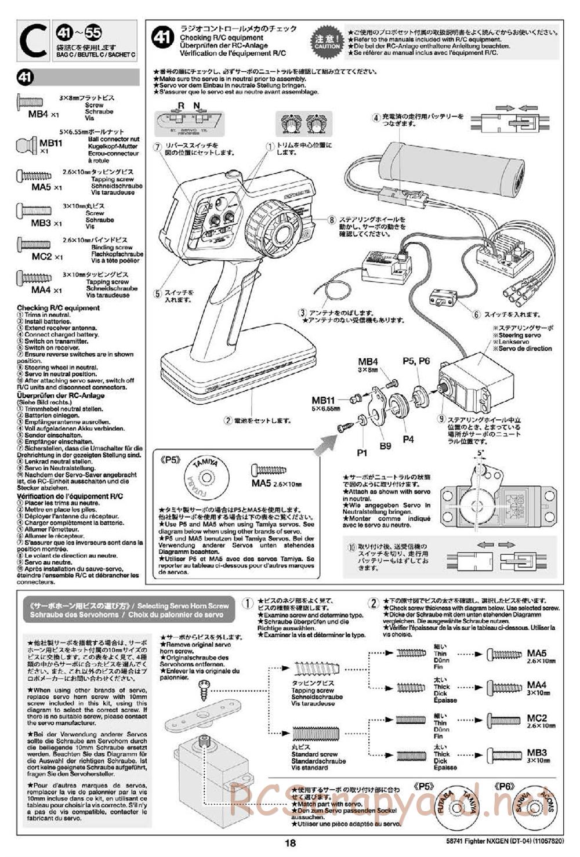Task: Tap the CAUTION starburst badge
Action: click(327, 40)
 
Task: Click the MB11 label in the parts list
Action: click(51, 143)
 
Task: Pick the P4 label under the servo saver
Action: click(408, 439)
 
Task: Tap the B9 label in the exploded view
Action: click(386, 446)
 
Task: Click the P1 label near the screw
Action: click(362, 452)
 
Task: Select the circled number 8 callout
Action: click(331, 220)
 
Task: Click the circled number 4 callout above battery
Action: click(376, 118)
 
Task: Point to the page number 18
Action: click(290, 844)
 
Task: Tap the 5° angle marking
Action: click(480, 452)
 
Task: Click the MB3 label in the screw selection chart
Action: click(536, 753)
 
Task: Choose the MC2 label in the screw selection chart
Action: click(536, 718)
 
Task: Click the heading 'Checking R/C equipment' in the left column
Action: click(58, 308)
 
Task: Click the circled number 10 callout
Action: click(351, 547)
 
